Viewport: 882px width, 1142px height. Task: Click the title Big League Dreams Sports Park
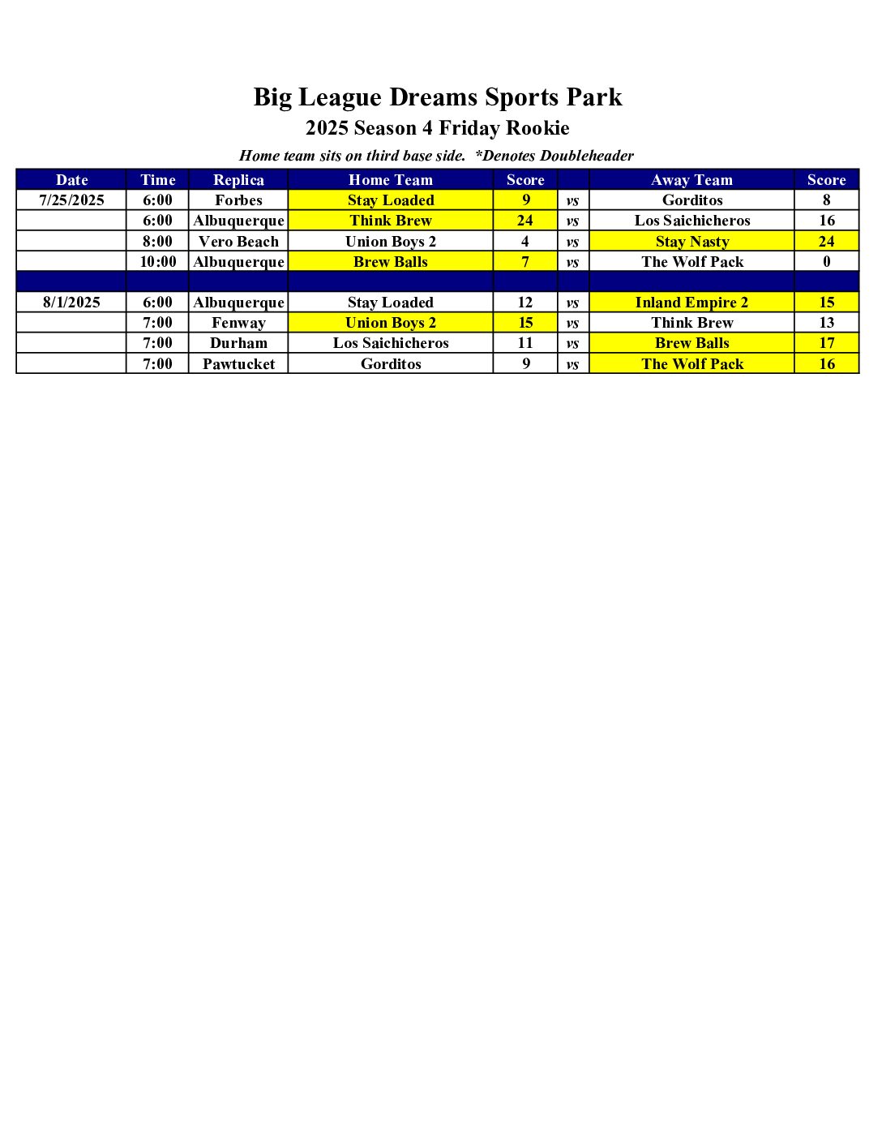[438, 97]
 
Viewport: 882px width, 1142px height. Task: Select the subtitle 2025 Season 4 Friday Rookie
[438, 128]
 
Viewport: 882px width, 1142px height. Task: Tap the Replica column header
[238, 180]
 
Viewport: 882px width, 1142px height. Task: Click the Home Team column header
[391, 180]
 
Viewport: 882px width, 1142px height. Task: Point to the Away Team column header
[691, 180]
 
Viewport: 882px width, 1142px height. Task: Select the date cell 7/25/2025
[71, 200]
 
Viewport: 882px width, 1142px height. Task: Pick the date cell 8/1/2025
[71, 303]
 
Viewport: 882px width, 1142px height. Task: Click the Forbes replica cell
[238, 200]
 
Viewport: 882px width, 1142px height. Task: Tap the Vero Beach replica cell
[238, 242]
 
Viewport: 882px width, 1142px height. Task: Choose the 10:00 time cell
[158, 262]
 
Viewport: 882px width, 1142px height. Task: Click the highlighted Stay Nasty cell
[692, 242]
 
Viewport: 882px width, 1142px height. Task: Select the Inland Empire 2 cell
[691, 303]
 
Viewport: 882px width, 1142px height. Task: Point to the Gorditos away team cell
[692, 200]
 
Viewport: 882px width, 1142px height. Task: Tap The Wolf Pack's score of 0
[827, 262]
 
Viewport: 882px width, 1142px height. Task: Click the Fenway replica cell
[238, 323]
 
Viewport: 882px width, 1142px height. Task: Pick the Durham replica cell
[238, 343]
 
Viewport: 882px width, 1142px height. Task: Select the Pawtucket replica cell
[238, 364]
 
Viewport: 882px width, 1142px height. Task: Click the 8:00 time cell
[158, 242]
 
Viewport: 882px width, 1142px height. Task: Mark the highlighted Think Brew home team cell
[391, 221]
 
